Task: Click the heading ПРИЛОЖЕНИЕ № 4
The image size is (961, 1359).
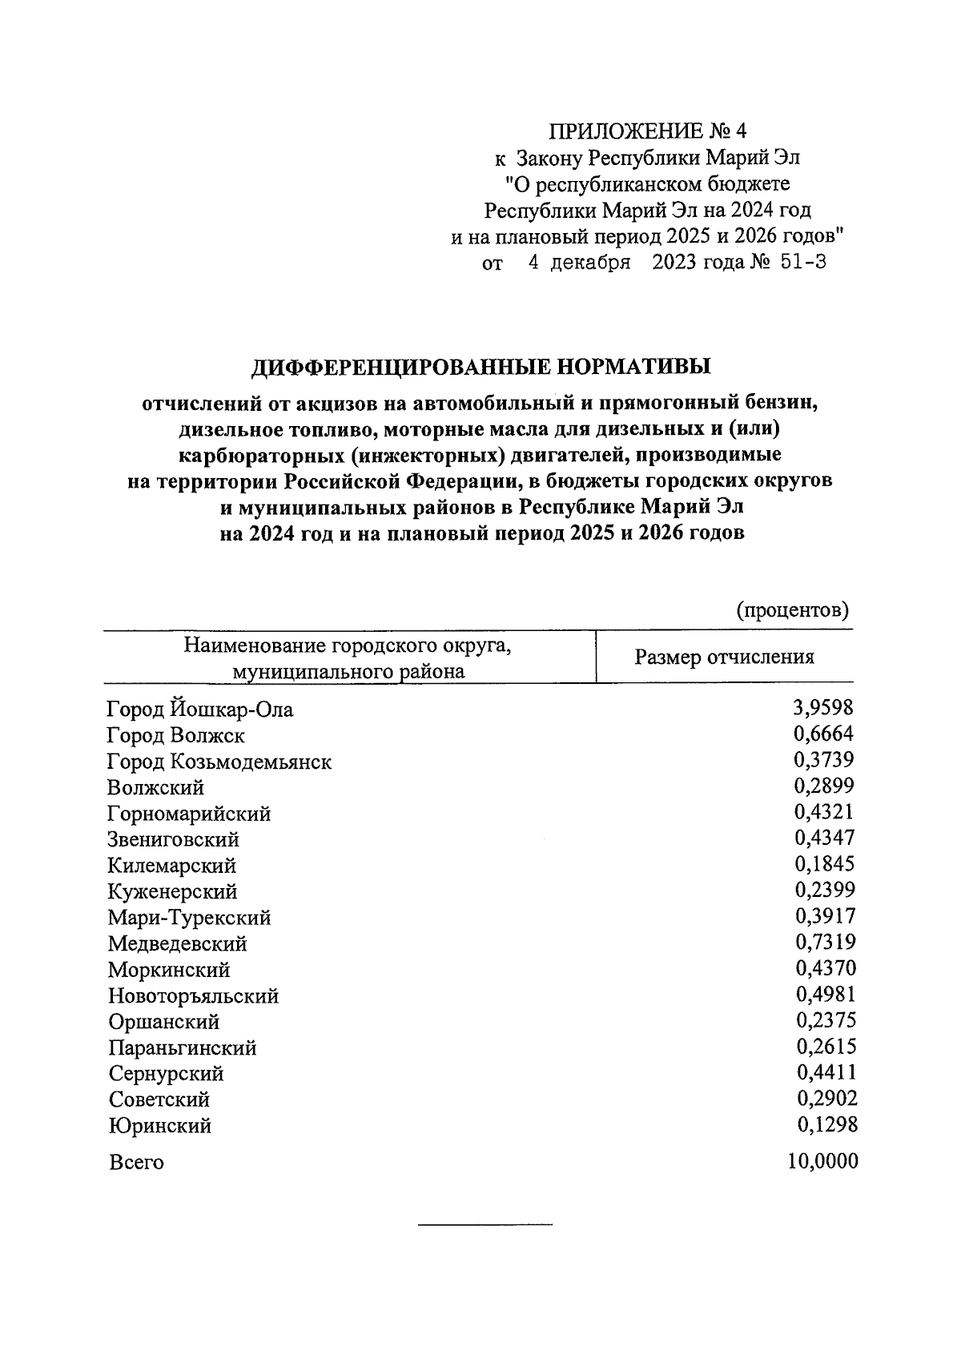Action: coord(646,131)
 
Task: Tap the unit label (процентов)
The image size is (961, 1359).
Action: coord(792,610)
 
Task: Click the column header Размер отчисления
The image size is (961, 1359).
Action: coord(724,657)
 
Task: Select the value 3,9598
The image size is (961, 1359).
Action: coord(823,707)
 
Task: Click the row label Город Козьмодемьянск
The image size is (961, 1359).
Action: coord(219,762)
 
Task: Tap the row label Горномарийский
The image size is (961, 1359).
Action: coord(190,814)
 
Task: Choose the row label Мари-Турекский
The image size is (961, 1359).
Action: coord(190,918)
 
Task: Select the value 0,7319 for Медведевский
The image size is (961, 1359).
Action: coord(825,942)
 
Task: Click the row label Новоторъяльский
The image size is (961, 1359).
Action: coord(194,996)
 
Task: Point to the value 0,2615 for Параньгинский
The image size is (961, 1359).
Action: coord(826,1046)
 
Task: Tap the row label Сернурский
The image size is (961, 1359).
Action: coord(167,1074)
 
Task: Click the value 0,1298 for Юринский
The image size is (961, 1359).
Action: coord(826,1124)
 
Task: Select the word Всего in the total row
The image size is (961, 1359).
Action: coord(136,1162)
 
